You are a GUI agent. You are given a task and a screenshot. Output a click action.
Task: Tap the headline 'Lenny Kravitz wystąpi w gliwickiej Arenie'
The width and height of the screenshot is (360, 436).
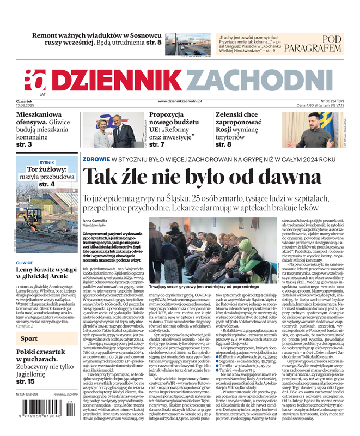point(46,273)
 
